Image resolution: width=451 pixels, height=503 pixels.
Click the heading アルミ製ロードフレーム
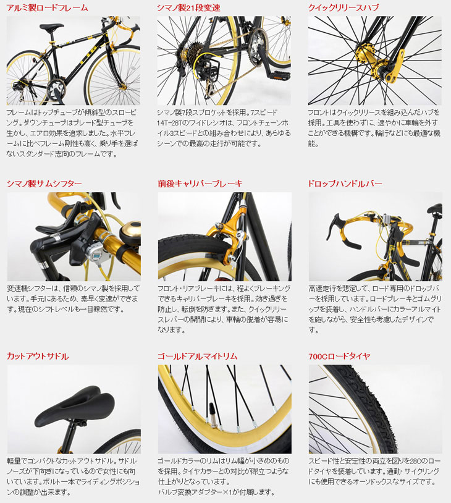pos(47,8)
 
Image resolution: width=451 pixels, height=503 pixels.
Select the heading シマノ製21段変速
pos(188,8)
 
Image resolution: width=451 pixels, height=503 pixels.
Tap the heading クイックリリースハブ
pos(344,8)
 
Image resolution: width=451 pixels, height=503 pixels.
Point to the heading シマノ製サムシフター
pos(44,184)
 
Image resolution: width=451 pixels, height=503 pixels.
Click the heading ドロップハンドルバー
pos(345,184)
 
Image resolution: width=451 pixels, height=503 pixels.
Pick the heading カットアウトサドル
pos(38,357)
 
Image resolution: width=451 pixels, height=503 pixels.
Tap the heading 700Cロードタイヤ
pos(339,357)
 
